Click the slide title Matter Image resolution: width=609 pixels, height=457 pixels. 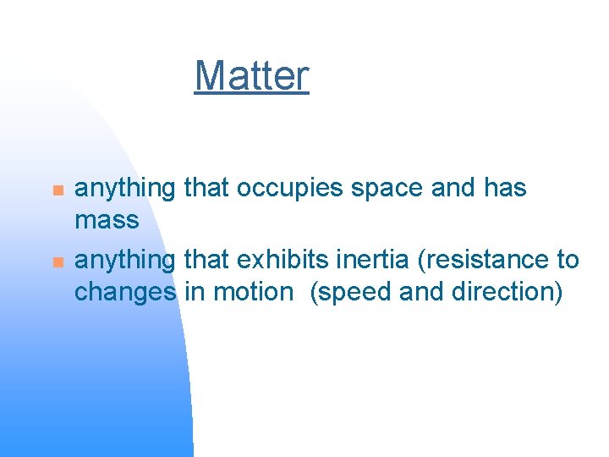251,76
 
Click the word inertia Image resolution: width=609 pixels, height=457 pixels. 372,259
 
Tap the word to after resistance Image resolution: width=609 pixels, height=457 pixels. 568,259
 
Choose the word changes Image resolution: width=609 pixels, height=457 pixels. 126,293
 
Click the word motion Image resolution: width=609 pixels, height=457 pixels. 250,292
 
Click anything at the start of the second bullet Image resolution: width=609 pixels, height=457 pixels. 126,261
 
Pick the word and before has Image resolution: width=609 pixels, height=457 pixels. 454,188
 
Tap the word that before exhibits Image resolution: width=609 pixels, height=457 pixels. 206,259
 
